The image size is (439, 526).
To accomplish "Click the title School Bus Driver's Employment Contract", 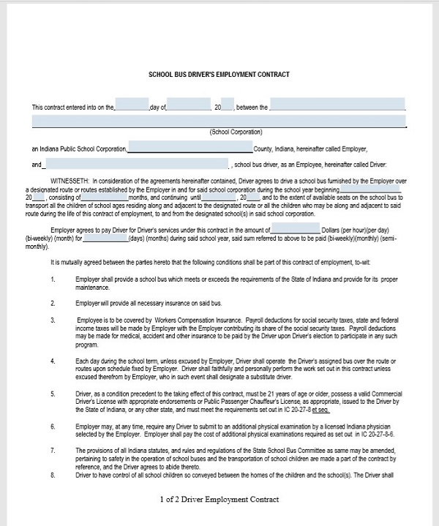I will (219, 74).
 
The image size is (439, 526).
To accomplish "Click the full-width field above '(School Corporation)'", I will (219, 120).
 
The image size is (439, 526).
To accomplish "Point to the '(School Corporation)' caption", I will (236, 132).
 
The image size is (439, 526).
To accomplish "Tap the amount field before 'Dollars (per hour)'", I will (294, 230).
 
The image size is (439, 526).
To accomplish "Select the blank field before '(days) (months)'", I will (103, 238).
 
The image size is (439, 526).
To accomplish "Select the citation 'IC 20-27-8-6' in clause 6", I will (377, 434).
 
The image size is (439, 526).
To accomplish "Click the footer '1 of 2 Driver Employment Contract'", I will (219, 500).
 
